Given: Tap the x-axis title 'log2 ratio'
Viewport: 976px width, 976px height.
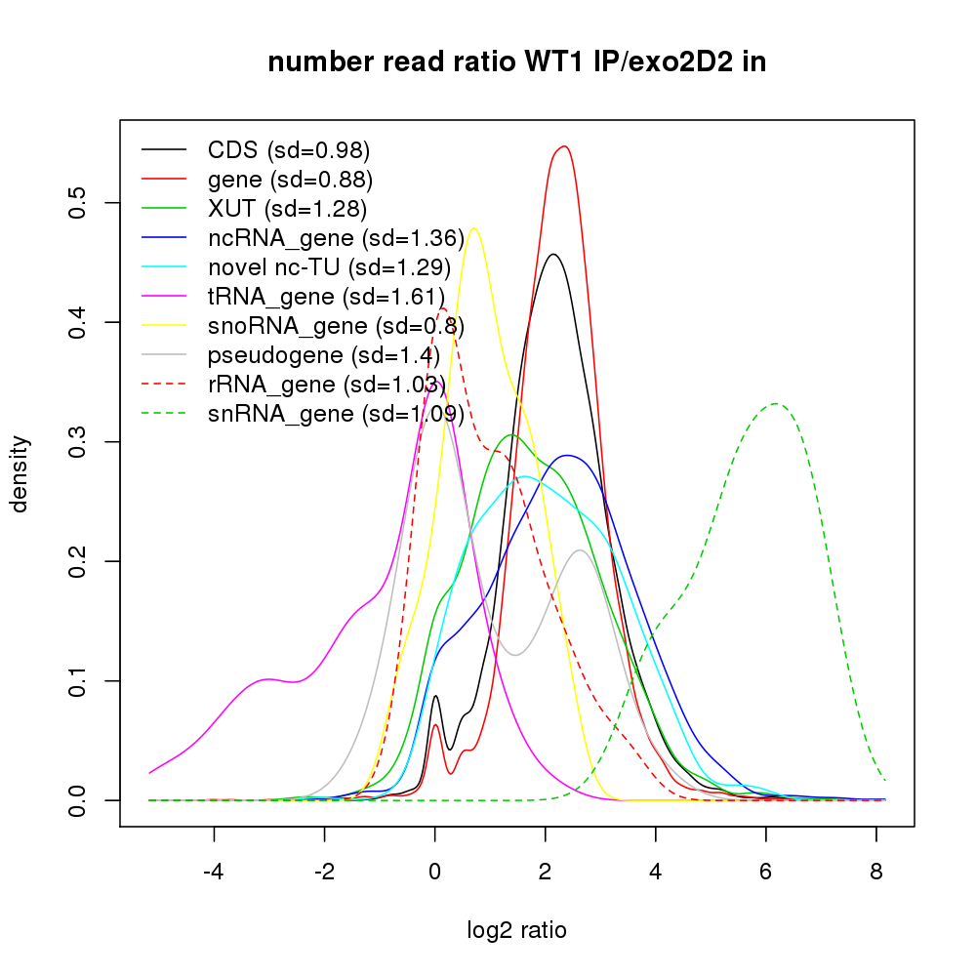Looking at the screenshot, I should tap(516, 930).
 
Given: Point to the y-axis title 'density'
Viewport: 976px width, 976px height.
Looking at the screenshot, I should tap(20, 473).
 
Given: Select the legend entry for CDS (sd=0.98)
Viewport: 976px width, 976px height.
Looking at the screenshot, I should tap(289, 150).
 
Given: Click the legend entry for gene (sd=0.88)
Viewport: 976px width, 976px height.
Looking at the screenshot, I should tap(290, 180).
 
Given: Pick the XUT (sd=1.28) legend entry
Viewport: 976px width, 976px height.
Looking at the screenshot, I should tap(287, 209).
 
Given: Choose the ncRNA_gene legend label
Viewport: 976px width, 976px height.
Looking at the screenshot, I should tap(335, 238).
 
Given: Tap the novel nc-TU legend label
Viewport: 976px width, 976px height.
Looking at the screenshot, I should tap(328, 267).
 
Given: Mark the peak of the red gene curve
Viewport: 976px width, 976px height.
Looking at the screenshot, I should tap(563, 146).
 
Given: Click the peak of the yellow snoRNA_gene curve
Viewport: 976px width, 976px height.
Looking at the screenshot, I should tap(474, 228).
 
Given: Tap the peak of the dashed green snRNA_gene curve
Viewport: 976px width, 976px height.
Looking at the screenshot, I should tap(776, 403).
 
